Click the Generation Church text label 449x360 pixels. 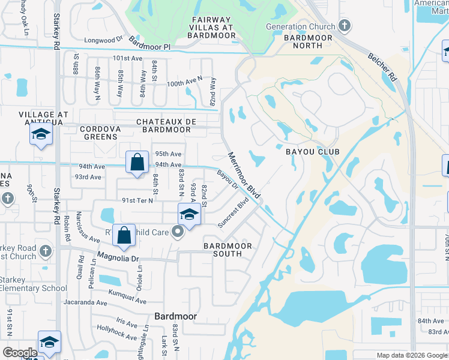(x=301, y=26)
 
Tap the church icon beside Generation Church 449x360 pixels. (x=344, y=26)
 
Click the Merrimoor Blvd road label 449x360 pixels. (x=244, y=176)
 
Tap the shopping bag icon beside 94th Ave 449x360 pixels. (x=137, y=161)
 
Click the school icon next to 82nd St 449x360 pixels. (x=189, y=214)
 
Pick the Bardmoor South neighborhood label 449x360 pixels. (x=231, y=250)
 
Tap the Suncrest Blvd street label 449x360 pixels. (x=234, y=212)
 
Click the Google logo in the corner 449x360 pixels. (x=20, y=353)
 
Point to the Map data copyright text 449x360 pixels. (x=411, y=355)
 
